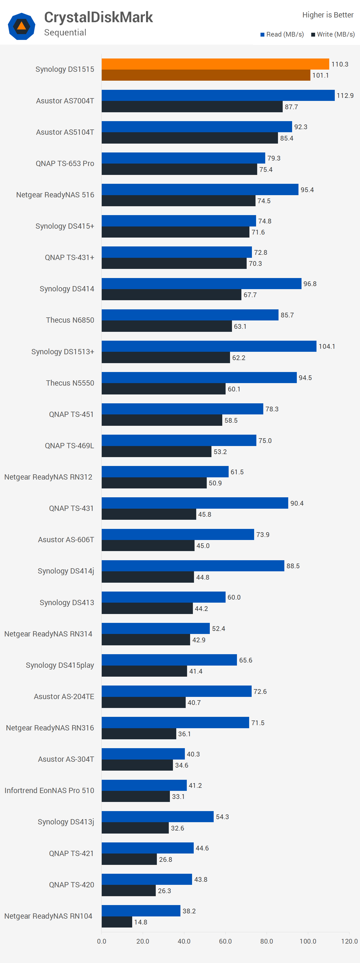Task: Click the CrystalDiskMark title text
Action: tap(98, 17)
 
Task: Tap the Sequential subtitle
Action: tap(65, 32)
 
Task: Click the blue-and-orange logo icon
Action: tap(22, 26)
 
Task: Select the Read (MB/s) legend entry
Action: tap(282, 34)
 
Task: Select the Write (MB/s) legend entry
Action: tap(333, 34)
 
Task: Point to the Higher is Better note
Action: tap(328, 15)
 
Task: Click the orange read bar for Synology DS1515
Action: tap(215, 64)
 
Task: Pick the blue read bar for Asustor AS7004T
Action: tap(218, 95)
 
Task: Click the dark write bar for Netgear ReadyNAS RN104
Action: tap(117, 922)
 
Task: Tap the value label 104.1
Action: tap(326, 346)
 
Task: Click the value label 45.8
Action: tap(205, 514)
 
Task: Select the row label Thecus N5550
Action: tap(70, 383)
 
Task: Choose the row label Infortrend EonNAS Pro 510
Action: tap(49, 790)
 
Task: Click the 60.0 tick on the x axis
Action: tap(225, 941)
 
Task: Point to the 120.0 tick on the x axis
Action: tap(349, 941)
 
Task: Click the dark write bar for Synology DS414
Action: tap(171, 295)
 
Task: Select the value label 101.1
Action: tap(320, 75)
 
